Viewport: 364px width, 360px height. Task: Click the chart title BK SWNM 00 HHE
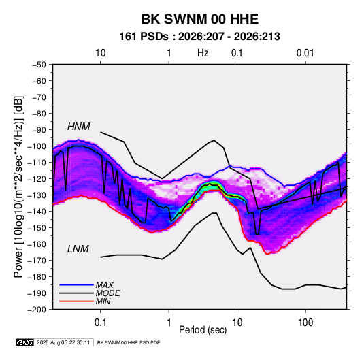[200, 19]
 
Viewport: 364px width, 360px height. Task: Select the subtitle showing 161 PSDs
[199, 37]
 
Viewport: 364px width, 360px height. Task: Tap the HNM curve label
[79, 127]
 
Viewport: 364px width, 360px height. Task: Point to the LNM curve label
[78, 249]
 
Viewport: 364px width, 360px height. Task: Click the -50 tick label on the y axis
[39, 65]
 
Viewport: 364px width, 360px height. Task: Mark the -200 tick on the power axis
[37, 310]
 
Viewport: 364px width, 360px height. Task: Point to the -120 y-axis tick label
[37, 179]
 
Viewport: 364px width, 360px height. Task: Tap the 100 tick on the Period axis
[305, 323]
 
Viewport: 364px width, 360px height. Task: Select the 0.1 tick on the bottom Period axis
[100, 323]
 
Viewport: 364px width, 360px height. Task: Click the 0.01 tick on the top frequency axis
[305, 53]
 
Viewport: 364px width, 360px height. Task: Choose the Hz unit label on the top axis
[203, 53]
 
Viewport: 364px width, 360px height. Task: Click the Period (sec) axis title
[203, 330]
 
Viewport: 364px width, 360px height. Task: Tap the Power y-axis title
[18, 187]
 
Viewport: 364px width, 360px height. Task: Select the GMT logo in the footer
[25, 342]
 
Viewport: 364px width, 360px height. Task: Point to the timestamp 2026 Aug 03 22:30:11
[63, 342]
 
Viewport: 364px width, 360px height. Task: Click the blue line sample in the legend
[76, 285]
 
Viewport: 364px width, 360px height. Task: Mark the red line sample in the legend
[76, 301]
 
